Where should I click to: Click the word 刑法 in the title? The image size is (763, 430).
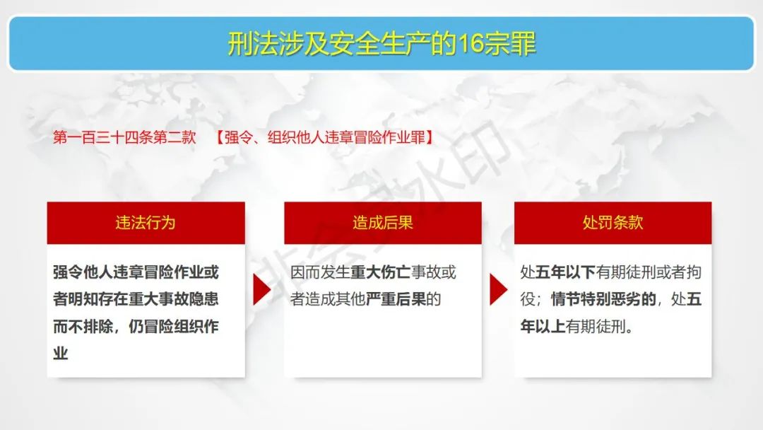tap(253, 44)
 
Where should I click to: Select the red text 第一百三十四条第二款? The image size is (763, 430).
tap(124, 137)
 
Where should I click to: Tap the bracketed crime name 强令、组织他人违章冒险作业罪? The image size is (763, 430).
tap(325, 137)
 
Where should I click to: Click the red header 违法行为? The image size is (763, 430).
tap(146, 223)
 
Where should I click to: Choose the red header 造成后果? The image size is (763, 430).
tap(383, 223)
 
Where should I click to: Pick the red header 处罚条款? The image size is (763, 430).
tap(613, 223)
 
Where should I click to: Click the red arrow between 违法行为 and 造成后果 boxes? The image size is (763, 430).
tap(261, 289)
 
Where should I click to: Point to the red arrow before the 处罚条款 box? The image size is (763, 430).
tap(498, 289)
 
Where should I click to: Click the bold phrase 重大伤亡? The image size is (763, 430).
tap(381, 272)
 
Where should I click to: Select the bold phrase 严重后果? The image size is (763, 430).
tap(396, 299)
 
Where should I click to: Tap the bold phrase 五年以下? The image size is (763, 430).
tap(565, 272)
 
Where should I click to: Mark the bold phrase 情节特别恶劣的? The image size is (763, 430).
tap(603, 299)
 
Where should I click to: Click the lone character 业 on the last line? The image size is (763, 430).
tap(60, 353)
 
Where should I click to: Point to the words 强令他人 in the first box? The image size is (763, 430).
tap(83, 272)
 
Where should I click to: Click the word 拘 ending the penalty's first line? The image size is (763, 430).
tap(694, 272)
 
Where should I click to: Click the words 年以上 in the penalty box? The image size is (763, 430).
tap(543, 326)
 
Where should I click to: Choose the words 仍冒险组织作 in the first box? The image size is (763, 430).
tap(174, 326)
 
